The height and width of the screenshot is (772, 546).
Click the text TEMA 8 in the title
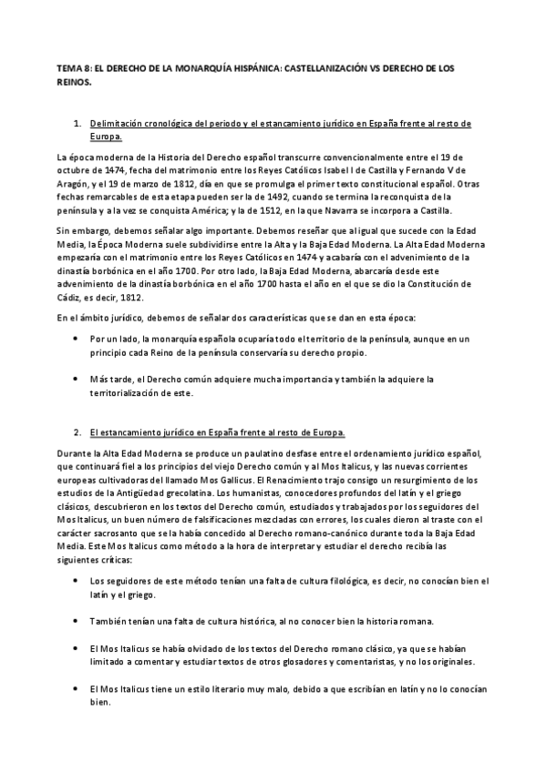72,69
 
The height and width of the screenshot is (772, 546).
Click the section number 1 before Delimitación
79,123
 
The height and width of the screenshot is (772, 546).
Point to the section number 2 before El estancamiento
79,431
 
